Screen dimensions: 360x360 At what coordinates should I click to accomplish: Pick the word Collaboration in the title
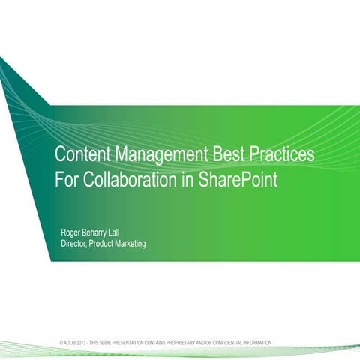130,181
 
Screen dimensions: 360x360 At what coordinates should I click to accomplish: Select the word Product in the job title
103,244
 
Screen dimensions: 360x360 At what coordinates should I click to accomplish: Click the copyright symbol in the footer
61,343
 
